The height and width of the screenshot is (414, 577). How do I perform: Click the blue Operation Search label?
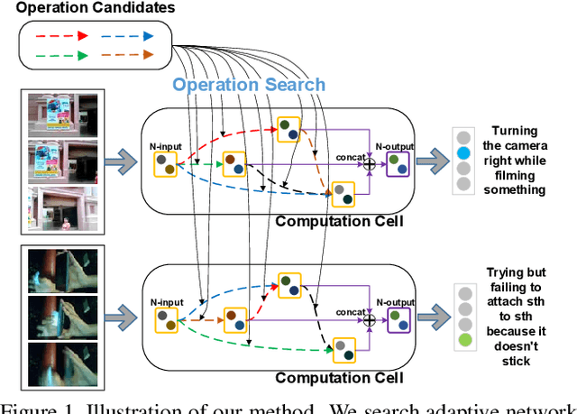[x=249, y=85]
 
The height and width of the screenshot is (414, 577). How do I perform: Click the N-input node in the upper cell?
[x=166, y=163]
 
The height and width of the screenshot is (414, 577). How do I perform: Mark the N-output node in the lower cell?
[x=398, y=318]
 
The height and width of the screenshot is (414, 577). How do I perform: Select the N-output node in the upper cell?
[x=398, y=163]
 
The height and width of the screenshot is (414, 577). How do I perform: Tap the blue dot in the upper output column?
[x=463, y=152]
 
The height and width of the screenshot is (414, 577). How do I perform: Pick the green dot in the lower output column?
[x=463, y=340]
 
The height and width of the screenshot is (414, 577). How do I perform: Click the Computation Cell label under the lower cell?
[x=338, y=377]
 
